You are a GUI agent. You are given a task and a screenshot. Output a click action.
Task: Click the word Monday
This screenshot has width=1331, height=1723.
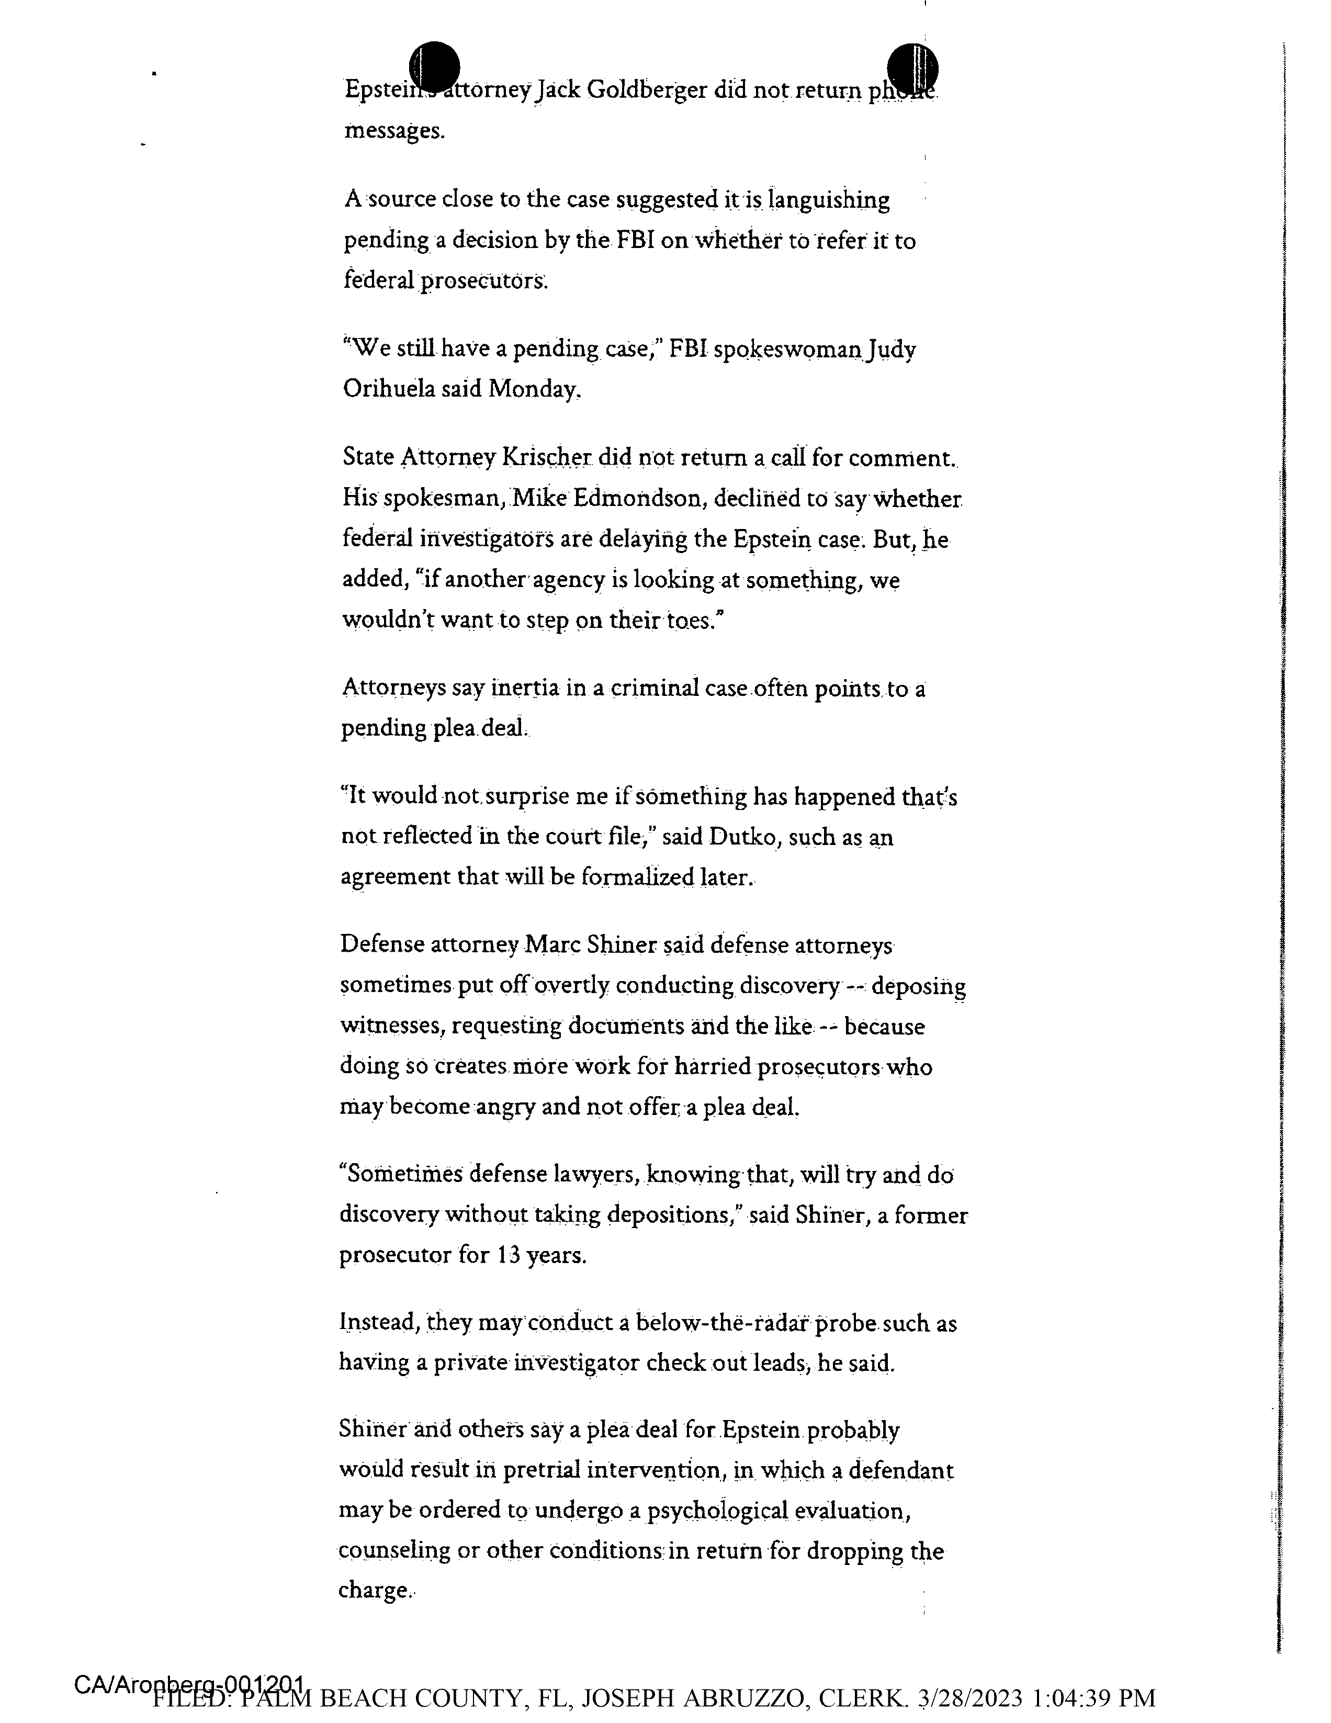point(534,389)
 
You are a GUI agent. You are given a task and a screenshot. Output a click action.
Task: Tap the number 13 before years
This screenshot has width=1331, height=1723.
point(508,1255)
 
